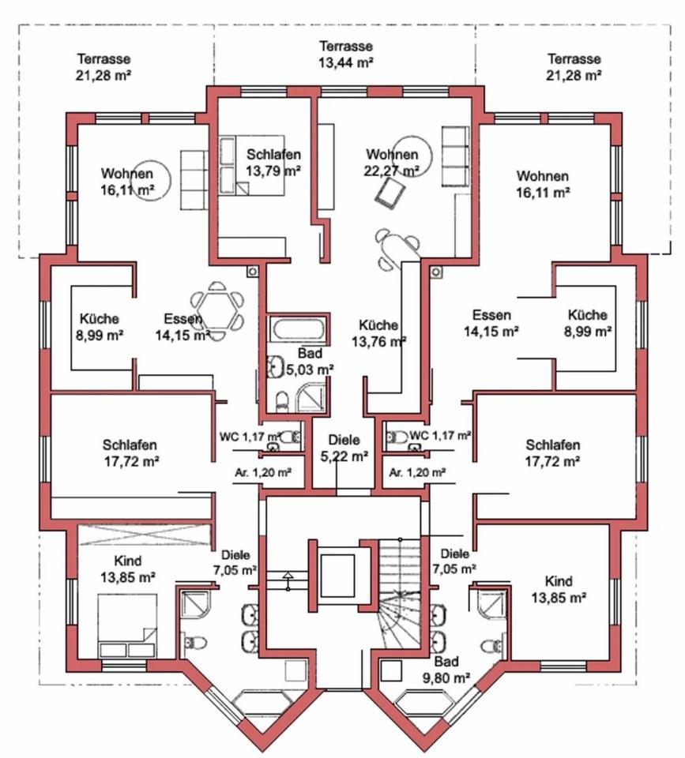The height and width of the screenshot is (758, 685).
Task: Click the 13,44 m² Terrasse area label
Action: click(345, 53)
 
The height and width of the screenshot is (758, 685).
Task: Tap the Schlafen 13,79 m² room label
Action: click(273, 162)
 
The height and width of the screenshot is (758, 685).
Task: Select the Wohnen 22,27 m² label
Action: click(392, 162)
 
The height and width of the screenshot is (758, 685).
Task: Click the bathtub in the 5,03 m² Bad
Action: click(295, 330)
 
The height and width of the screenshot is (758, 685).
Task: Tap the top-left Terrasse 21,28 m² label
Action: click(104, 66)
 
